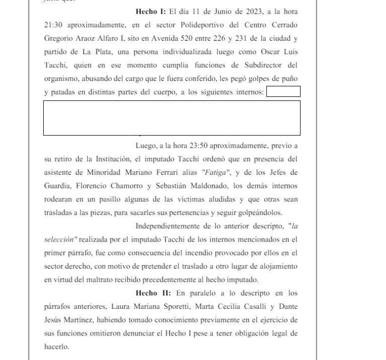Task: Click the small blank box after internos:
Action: coord(283,91)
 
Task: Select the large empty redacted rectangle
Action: coord(171,118)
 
